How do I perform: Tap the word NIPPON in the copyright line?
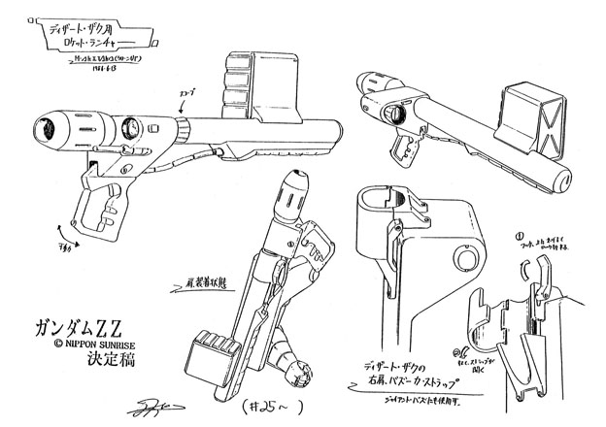[59, 340]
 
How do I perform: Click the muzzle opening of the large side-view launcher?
[45, 125]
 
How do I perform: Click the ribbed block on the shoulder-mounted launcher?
[217, 346]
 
